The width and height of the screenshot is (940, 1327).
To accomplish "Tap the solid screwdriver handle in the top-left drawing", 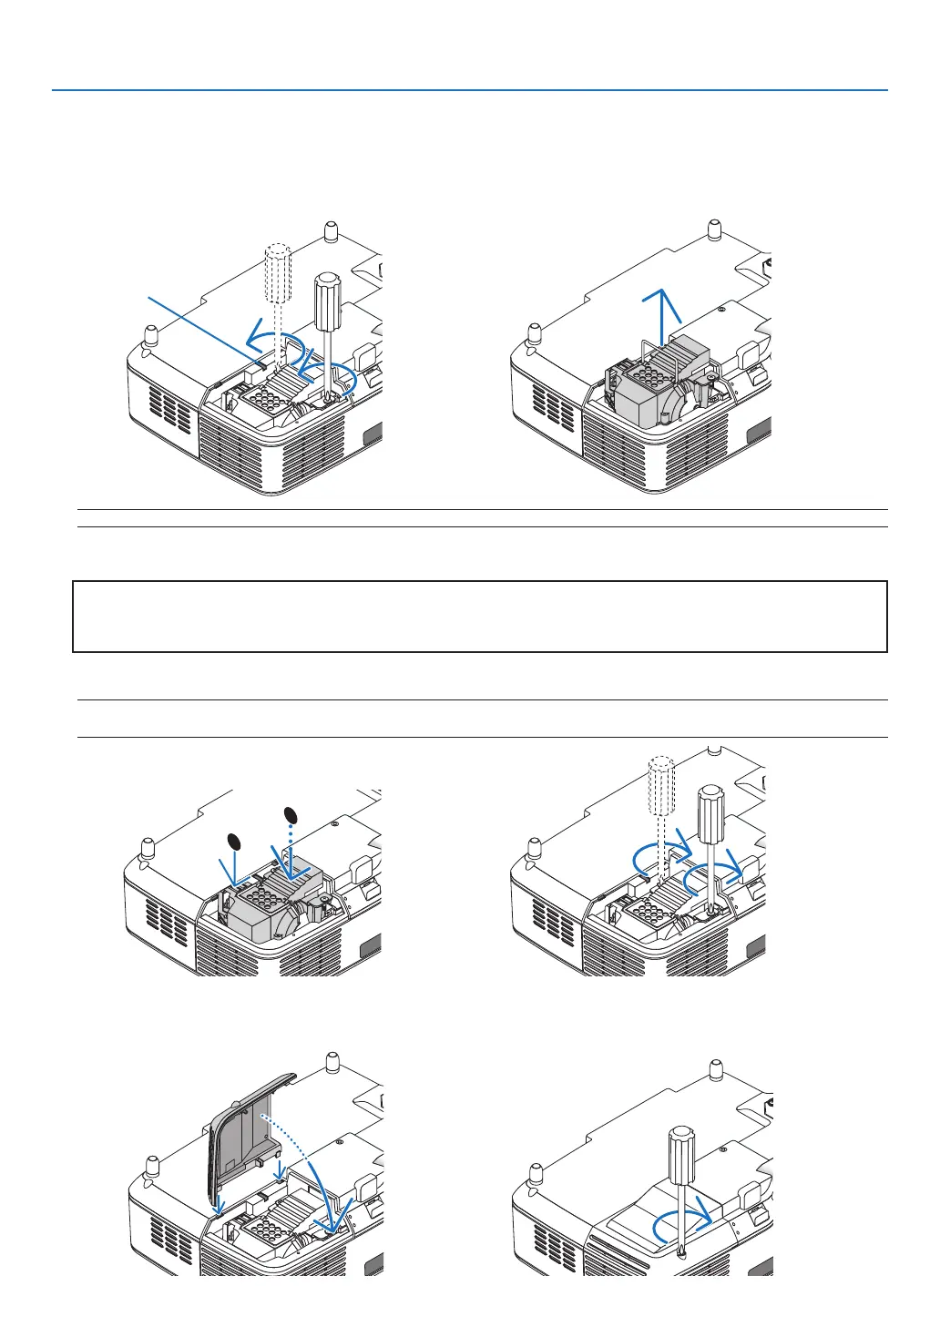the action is click(x=326, y=299).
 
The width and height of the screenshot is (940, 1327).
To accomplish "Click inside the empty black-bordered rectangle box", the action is click(x=479, y=617).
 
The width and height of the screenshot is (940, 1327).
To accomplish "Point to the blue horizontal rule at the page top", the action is click(x=469, y=90).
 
